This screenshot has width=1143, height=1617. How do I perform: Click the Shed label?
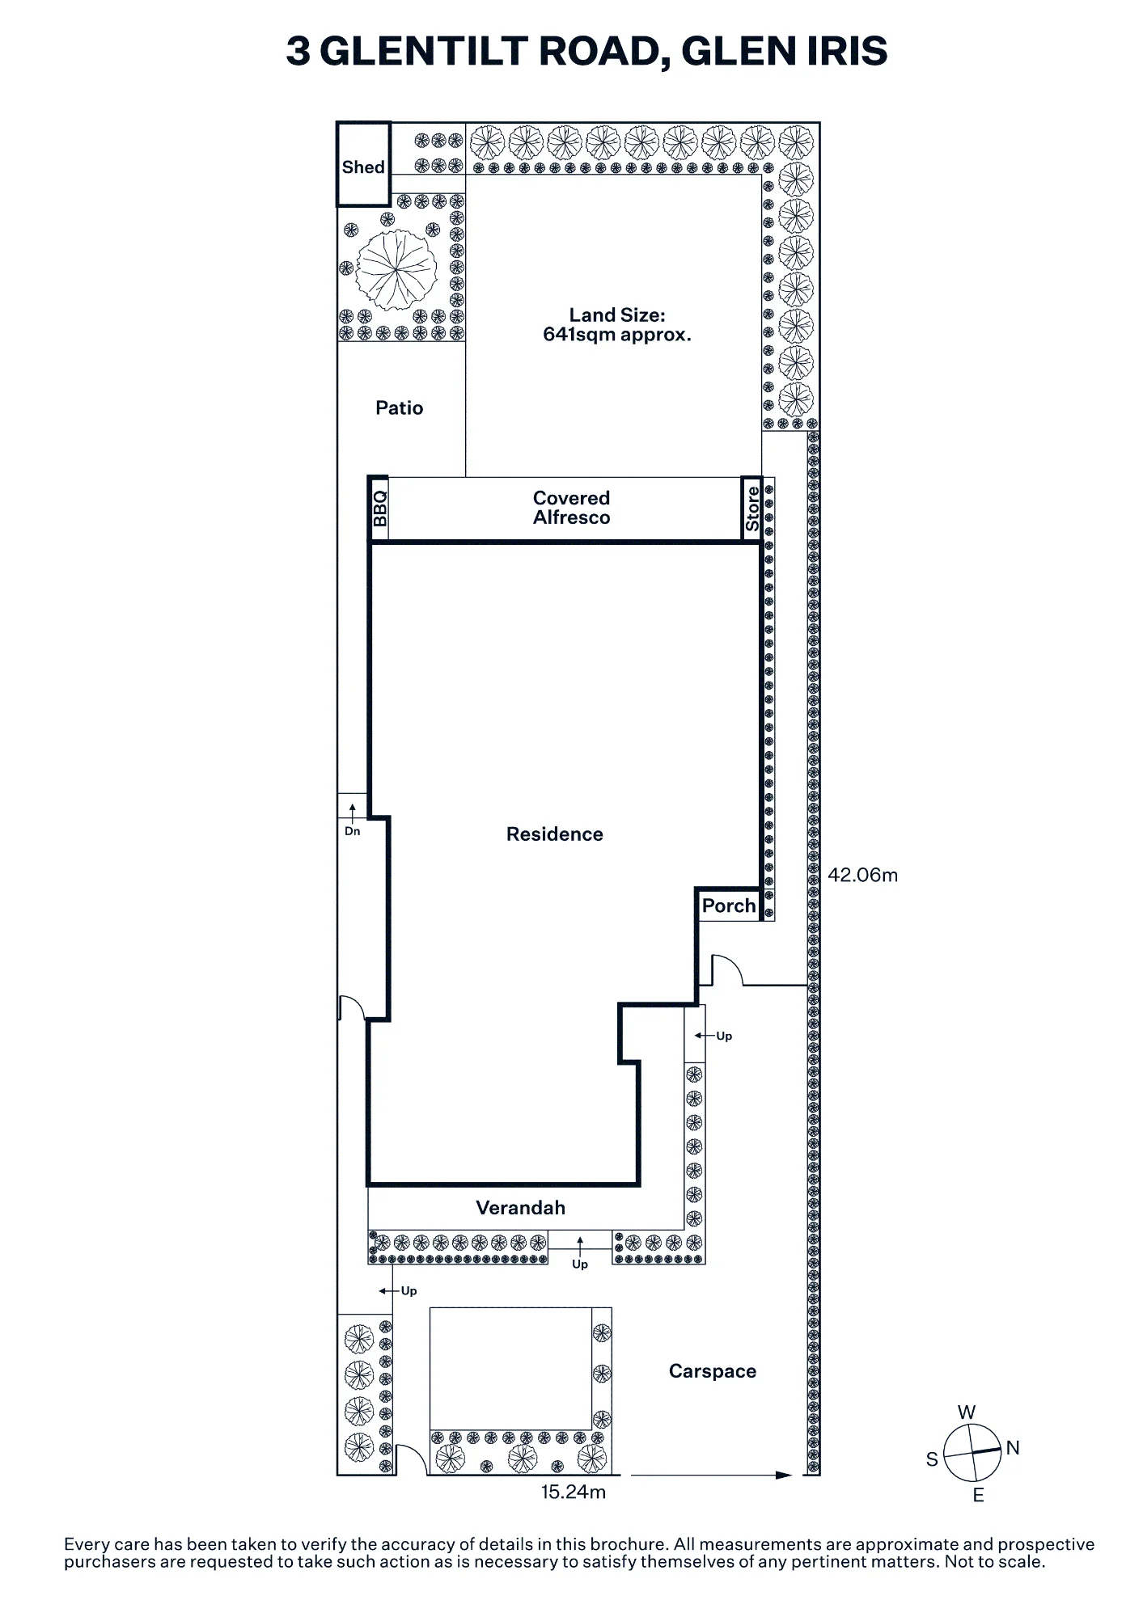point(363,167)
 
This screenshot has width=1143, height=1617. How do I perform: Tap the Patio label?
point(400,407)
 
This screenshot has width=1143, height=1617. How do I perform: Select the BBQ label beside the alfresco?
point(379,509)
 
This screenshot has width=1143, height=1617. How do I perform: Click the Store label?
point(752,509)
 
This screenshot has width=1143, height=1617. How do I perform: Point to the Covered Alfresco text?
point(572,508)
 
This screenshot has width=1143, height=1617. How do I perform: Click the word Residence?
point(555,834)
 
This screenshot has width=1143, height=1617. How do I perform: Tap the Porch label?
point(729,906)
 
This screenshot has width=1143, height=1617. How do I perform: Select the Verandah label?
point(521,1208)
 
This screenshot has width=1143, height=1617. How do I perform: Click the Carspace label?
point(713,1371)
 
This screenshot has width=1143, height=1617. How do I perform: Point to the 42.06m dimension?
point(863,875)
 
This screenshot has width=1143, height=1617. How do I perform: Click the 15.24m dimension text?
point(574,1492)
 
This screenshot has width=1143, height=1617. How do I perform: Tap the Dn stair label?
point(353,831)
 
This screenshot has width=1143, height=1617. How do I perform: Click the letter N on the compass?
point(1013,1448)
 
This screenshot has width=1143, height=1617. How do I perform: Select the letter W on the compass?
point(967,1412)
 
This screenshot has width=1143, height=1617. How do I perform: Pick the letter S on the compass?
point(932,1459)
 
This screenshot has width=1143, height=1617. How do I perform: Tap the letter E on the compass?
point(979,1496)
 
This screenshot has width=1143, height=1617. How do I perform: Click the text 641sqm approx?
point(617,335)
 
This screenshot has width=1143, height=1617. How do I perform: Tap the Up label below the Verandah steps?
point(580,1264)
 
